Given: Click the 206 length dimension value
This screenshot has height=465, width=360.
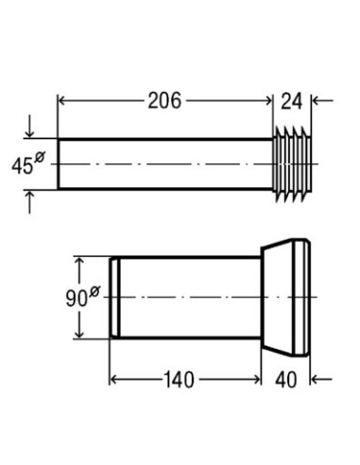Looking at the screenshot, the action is [164, 101].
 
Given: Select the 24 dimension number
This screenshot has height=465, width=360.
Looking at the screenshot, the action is [291, 101].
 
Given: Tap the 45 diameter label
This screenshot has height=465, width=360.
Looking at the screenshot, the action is [23, 166].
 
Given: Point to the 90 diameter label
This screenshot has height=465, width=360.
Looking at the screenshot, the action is [77, 299].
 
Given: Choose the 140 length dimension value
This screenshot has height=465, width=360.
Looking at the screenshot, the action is [179, 380].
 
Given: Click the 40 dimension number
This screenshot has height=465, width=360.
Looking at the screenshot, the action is [286, 380].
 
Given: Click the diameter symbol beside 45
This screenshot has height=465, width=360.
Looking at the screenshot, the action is [40, 157].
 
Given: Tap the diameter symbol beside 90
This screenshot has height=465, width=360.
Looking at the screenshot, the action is [94, 291].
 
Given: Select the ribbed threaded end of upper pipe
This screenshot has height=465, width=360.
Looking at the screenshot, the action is [292, 164].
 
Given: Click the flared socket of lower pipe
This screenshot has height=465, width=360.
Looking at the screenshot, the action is [285, 298].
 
